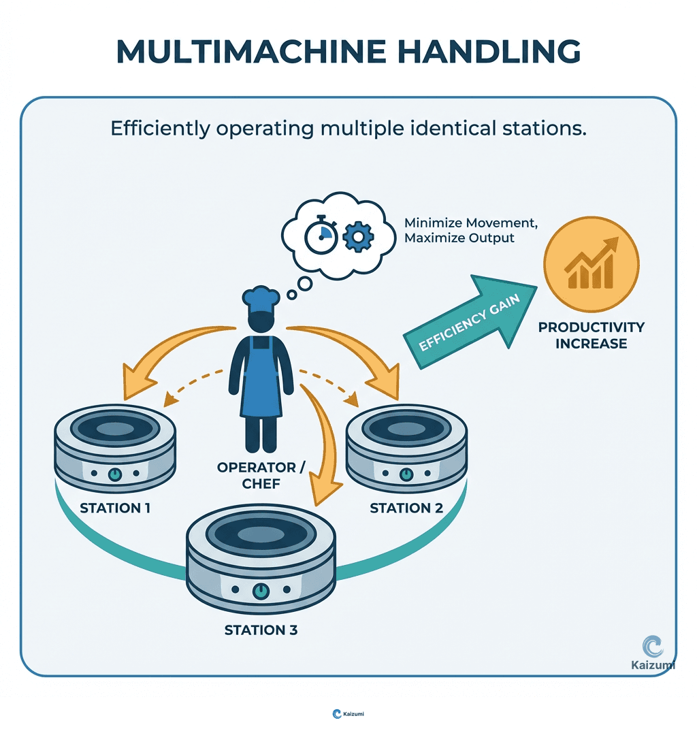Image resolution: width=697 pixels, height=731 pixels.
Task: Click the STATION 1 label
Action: (x=115, y=508)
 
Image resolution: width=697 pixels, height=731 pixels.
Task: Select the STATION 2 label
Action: (x=406, y=508)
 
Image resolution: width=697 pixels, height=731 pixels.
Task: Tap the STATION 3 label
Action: (x=261, y=630)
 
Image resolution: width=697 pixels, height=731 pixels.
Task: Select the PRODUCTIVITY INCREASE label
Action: (x=591, y=335)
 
